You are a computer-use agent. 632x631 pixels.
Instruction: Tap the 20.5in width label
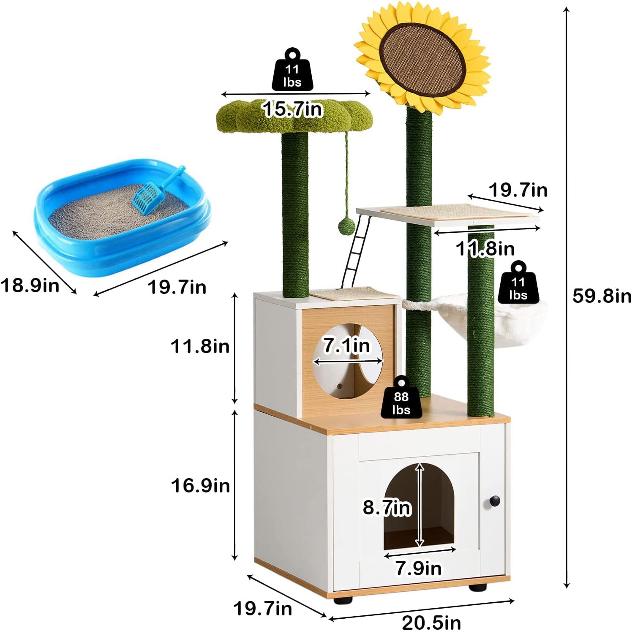(x=431, y=622)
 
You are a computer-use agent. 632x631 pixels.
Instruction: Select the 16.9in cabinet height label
(x=200, y=485)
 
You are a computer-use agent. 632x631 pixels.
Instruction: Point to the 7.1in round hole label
(x=346, y=345)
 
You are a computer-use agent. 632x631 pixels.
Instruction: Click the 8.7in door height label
(x=387, y=507)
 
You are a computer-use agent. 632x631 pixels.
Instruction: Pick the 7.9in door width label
(x=418, y=568)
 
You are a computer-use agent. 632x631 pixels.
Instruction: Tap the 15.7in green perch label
(x=292, y=109)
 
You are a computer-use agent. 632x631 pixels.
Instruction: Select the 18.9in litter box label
(x=30, y=285)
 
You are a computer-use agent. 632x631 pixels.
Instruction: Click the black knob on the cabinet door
(x=494, y=501)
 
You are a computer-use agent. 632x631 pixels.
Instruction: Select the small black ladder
(x=357, y=253)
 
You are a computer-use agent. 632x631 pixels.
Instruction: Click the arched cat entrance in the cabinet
(x=419, y=507)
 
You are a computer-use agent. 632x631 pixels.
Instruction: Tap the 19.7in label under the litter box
(x=177, y=287)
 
